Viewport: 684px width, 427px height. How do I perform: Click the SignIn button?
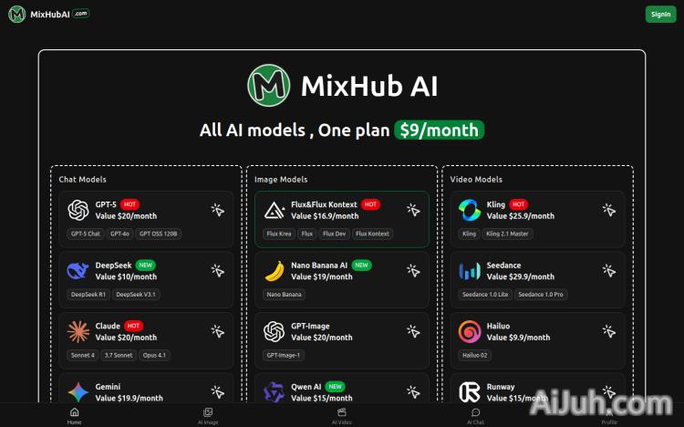(659, 14)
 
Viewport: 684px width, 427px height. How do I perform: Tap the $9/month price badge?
(439, 130)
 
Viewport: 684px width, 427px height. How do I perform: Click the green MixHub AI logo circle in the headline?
(269, 86)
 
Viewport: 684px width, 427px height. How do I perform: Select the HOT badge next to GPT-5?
(130, 204)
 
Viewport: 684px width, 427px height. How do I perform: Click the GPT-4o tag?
(120, 234)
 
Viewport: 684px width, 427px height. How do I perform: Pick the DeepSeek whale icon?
(78, 271)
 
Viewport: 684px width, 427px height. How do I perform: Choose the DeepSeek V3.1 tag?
(136, 294)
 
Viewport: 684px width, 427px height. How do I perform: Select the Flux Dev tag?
(334, 234)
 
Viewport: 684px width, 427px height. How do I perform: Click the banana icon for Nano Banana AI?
(274, 271)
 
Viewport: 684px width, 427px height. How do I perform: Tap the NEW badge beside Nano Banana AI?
(362, 266)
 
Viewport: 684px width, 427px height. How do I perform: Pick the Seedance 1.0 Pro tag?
(542, 294)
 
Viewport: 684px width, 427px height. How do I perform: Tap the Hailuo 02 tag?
(476, 355)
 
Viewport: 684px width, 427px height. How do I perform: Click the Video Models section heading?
(476, 180)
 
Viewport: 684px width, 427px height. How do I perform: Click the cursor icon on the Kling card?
(608, 210)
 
